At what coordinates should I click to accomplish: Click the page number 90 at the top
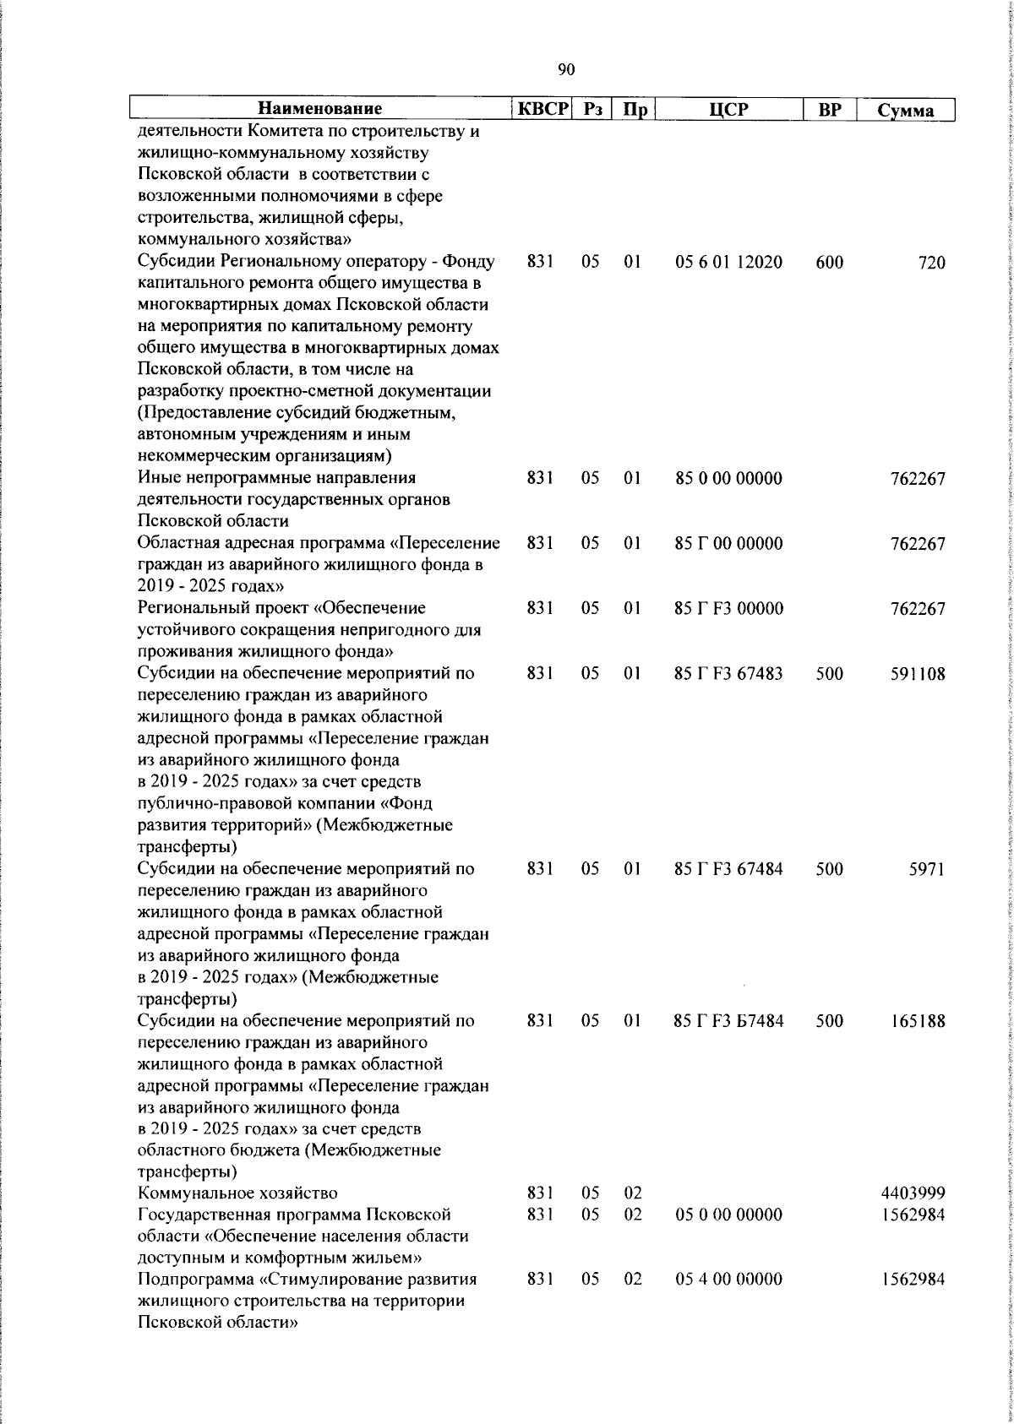click(566, 69)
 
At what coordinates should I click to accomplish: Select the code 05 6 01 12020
click(728, 263)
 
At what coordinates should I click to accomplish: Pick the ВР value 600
click(830, 263)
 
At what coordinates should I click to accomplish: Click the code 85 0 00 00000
click(728, 479)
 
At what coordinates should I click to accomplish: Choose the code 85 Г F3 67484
click(728, 868)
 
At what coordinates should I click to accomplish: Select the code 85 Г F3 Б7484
click(728, 1020)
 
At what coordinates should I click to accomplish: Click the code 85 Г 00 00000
click(728, 544)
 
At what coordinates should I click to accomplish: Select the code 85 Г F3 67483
click(728, 673)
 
